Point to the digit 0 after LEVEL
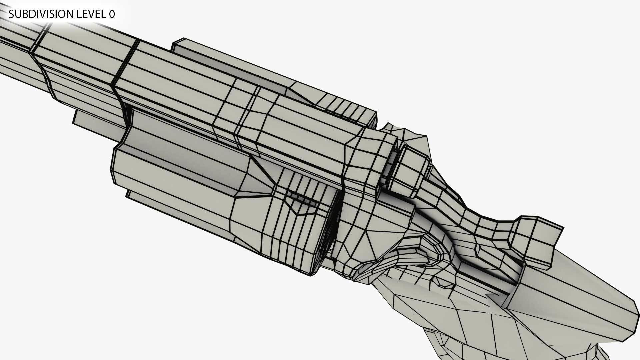point(112,14)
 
